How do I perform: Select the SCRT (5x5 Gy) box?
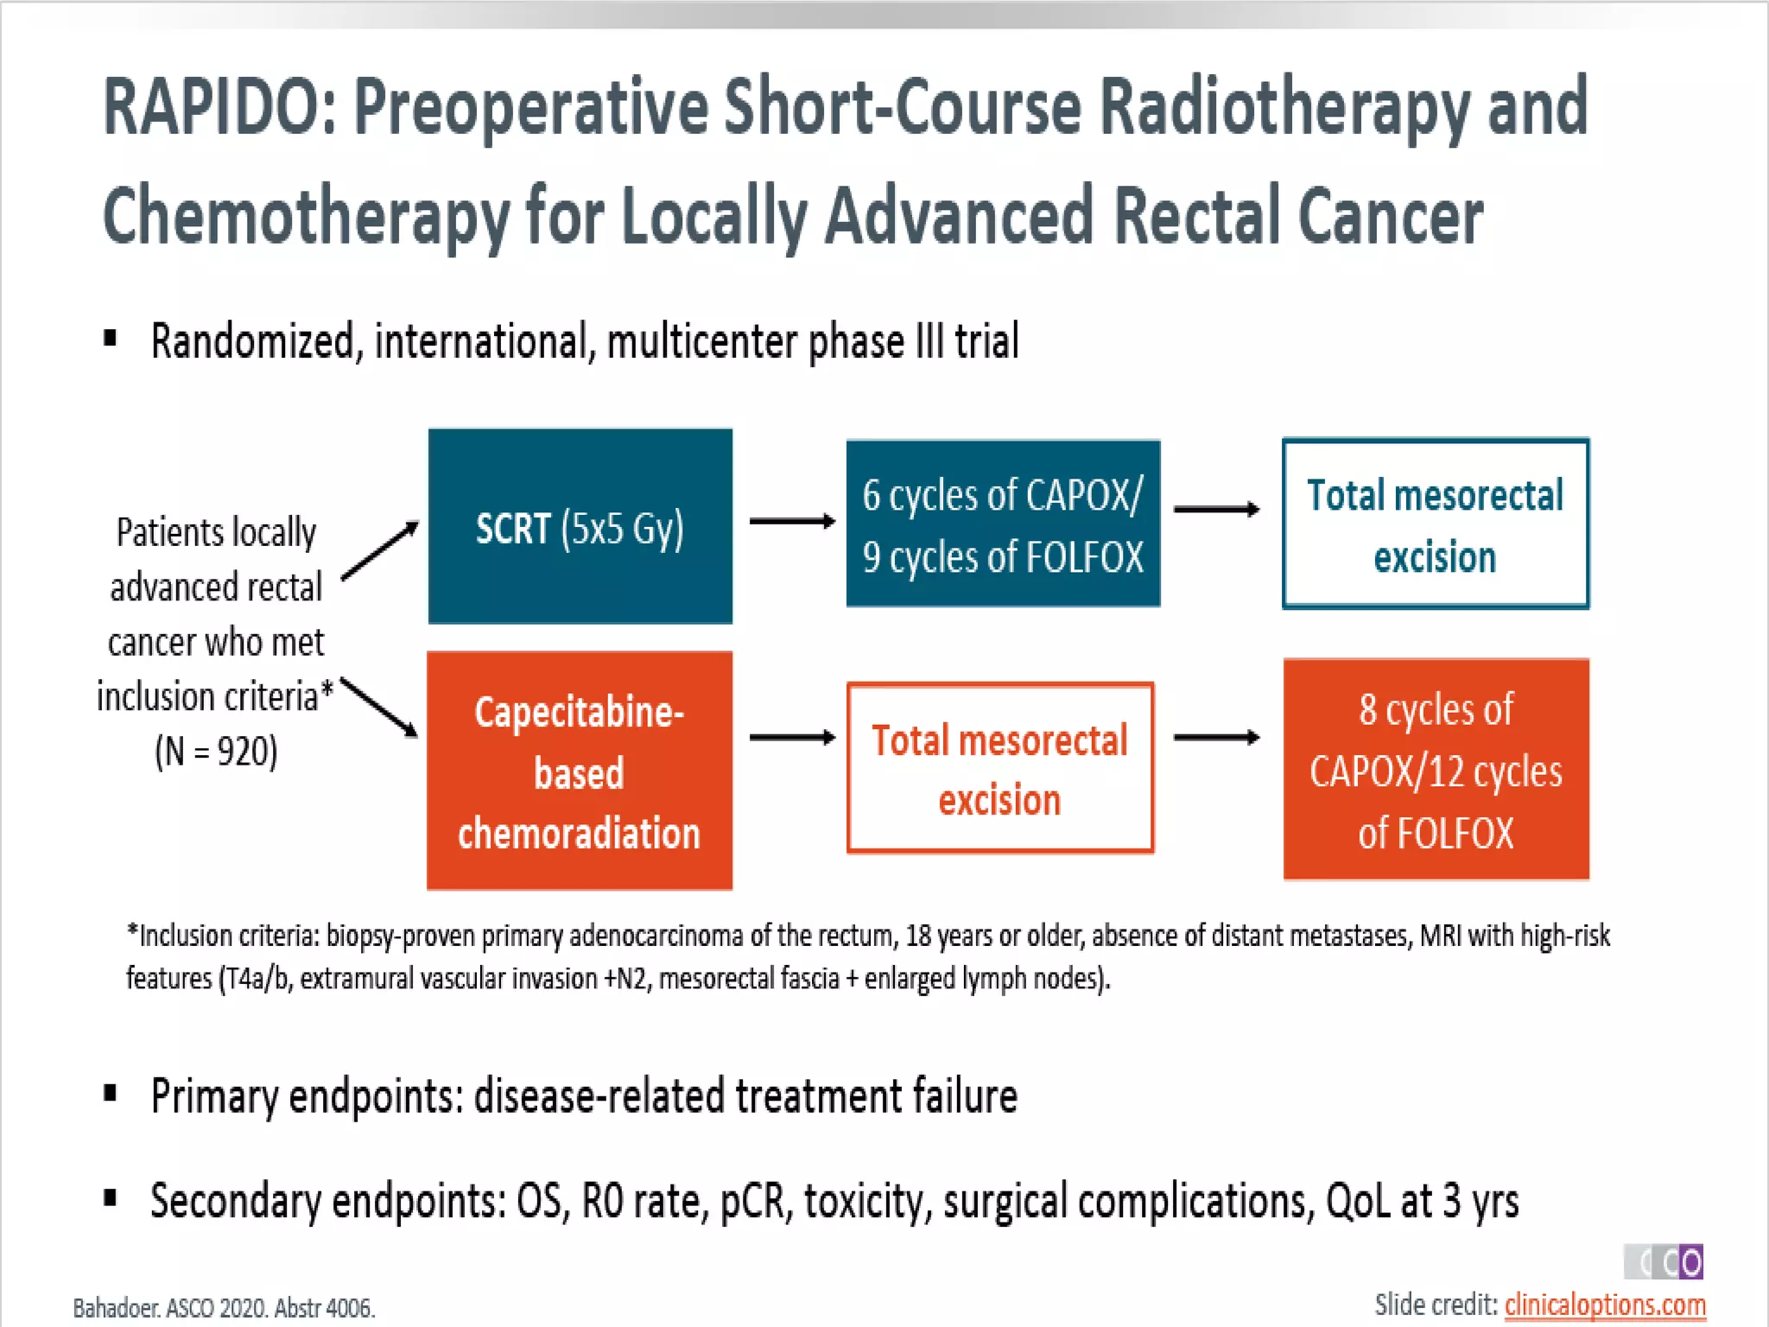(x=580, y=526)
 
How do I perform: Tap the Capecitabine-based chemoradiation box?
(x=580, y=770)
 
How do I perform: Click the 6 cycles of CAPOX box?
(x=1002, y=524)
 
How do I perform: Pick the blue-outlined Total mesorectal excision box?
(x=1435, y=524)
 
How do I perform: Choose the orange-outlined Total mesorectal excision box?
(x=999, y=768)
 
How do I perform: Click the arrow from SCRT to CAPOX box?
(x=791, y=521)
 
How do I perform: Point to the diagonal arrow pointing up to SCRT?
(x=380, y=550)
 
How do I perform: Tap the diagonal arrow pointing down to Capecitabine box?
(x=379, y=707)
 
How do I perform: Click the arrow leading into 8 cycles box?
(x=1215, y=737)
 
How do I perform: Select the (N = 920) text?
(x=216, y=751)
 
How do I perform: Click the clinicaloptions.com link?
(x=1604, y=1304)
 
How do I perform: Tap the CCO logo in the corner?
(x=1663, y=1262)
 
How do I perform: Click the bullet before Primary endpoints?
(x=110, y=1095)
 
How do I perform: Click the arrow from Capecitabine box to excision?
(x=791, y=737)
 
